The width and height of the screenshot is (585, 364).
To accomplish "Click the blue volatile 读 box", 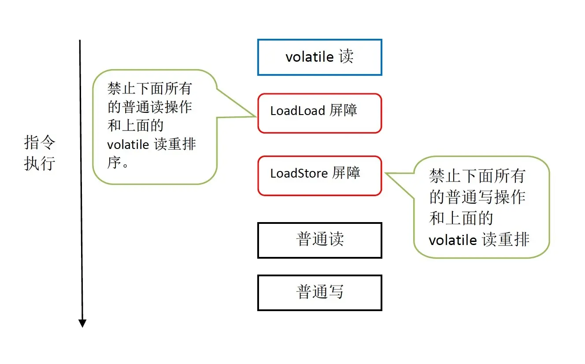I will pos(319,57).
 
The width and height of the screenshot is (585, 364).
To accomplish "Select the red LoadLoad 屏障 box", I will pos(319,113).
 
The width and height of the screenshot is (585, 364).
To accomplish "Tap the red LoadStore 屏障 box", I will pos(319,175).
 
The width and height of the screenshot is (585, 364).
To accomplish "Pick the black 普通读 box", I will pos(319,240).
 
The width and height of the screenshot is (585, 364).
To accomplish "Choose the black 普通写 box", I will pos(319,293).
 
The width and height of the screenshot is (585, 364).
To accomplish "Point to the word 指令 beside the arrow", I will pos(40,144).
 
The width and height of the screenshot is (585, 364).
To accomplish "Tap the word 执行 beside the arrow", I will pos(40,163).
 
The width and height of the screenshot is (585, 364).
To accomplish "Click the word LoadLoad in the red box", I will pos(291,111).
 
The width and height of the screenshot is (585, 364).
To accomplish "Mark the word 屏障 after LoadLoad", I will pos(343,110).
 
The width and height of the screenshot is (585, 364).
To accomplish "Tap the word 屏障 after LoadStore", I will pos(346,173).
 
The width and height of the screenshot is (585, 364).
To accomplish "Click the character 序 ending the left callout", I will pos(115,163).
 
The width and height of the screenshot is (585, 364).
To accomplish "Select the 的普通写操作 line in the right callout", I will pos(478,197).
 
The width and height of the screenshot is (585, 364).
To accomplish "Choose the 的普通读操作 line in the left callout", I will pos(150,107).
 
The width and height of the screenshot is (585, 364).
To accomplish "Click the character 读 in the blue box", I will pos(346,57).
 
